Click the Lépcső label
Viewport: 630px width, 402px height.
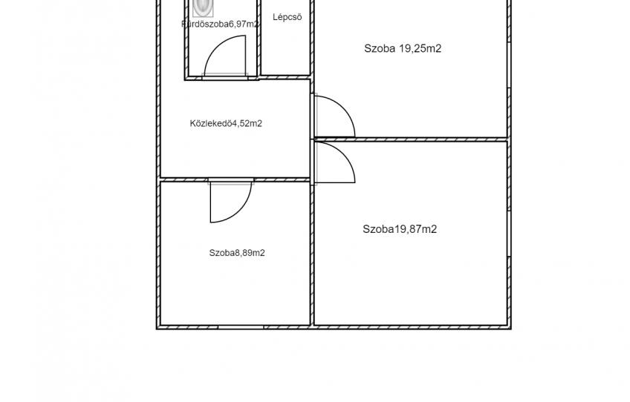point(288,17)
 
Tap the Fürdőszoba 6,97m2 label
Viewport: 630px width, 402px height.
point(220,24)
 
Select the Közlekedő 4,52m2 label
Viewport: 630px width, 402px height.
point(226,123)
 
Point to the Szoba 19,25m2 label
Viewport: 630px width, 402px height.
point(403,48)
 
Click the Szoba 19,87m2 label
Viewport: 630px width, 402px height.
point(400,229)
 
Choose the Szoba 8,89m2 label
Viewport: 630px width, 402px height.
point(237,253)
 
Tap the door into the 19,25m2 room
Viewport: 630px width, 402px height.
point(334,116)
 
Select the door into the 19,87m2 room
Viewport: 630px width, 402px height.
point(334,161)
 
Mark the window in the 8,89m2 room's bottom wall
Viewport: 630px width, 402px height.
point(241,327)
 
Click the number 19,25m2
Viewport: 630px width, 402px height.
point(420,48)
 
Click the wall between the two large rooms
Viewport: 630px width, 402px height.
point(411,139)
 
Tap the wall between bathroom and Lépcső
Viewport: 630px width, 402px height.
point(259,38)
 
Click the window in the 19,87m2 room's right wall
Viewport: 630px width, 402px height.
point(509,234)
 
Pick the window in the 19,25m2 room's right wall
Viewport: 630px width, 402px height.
point(509,65)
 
